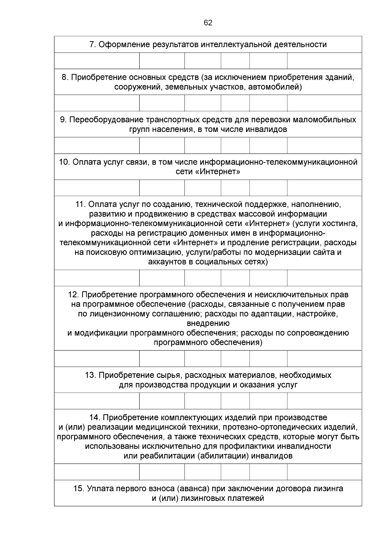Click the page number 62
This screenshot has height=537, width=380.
click(x=208, y=23)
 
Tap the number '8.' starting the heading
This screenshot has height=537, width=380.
click(x=65, y=77)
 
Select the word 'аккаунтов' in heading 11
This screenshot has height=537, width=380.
click(x=167, y=262)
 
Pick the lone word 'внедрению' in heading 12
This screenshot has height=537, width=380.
click(x=208, y=323)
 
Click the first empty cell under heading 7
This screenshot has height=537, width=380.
click(x=97, y=61)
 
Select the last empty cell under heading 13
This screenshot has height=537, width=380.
click(x=324, y=401)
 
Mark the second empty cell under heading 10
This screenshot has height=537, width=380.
click(x=162, y=188)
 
